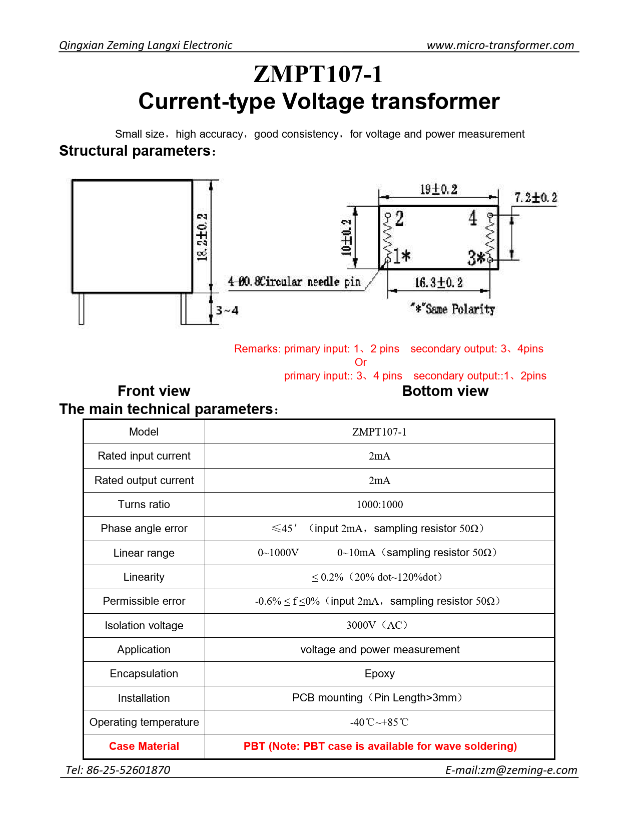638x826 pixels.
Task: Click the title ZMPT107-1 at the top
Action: click(x=318, y=74)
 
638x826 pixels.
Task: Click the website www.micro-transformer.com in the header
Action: click(x=500, y=45)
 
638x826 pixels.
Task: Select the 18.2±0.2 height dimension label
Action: click(x=202, y=236)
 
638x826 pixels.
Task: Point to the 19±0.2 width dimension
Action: click(x=438, y=189)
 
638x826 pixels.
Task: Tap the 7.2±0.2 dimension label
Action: click(x=535, y=198)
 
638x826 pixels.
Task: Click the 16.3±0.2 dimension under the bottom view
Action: click(x=438, y=282)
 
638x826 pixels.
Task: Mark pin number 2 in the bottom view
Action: click(x=399, y=219)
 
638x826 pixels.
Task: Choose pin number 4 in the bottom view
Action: click(x=473, y=218)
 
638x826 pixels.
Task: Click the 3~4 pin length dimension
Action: click(x=227, y=310)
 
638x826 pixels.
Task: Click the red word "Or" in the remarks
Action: click(x=360, y=362)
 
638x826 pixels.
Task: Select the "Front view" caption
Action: click(x=154, y=391)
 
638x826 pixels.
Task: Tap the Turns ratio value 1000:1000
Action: click(x=379, y=505)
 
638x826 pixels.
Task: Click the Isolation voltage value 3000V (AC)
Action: click(x=379, y=625)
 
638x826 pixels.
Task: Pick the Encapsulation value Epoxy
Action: click(x=379, y=674)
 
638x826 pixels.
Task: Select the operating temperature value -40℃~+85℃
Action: click(x=379, y=722)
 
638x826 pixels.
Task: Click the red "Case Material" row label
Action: click(x=144, y=746)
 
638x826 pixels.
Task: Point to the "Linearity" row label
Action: click(x=144, y=577)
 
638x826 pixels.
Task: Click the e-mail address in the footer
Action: click(x=511, y=770)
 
